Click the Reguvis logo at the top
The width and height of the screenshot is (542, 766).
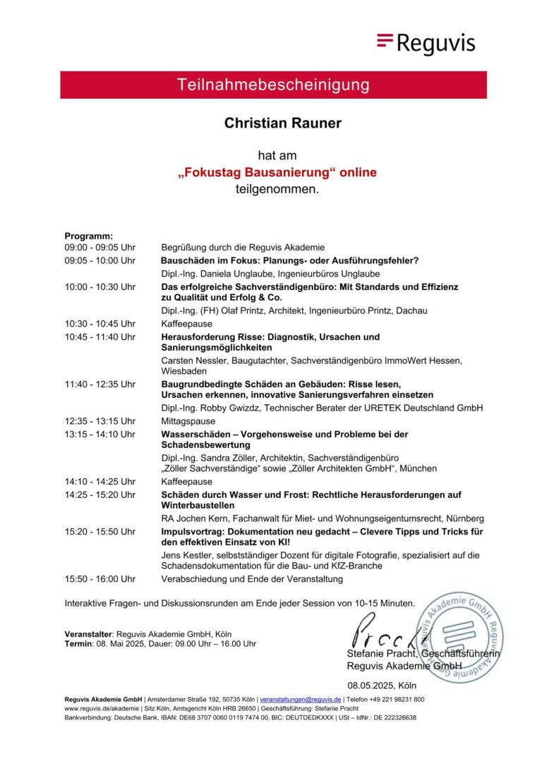pos(426,43)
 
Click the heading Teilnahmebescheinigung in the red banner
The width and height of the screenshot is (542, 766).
pos(273,85)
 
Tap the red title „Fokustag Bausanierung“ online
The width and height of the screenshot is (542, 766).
pos(277,173)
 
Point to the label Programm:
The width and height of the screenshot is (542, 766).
pos(89,236)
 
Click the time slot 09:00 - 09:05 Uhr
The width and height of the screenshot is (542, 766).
pos(100,248)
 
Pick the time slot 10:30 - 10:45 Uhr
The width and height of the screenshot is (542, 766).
pos(100,324)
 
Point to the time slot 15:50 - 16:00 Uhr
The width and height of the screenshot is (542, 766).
pos(100,579)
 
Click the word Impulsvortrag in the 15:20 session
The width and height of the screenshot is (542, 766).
pos(194,531)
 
